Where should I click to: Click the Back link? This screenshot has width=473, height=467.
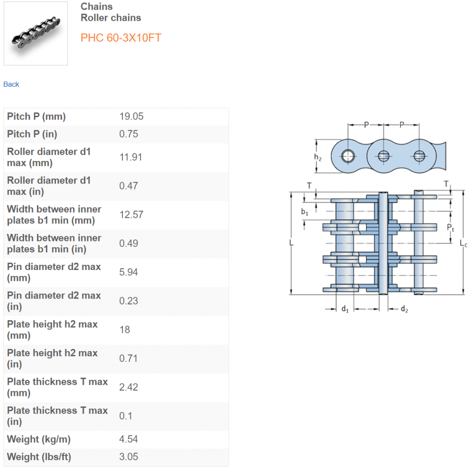(x=11, y=84)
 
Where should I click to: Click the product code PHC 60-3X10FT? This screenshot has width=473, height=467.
(x=121, y=38)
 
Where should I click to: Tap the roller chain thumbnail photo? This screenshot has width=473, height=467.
(x=36, y=33)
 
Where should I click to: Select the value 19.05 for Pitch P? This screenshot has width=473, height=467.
(x=131, y=116)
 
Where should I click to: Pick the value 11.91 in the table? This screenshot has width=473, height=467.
(x=131, y=157)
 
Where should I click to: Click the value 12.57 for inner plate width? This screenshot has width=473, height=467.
(x=131, y=215)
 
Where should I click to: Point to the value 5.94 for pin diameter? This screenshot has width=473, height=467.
(x=129, y=272)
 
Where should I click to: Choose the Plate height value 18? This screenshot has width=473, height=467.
(x=125, y=329)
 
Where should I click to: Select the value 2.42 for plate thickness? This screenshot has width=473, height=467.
(x=129, y=387)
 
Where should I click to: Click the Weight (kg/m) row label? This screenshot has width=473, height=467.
(x=39, y=439)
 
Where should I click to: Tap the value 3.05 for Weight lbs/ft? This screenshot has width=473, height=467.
(x=128, y=457)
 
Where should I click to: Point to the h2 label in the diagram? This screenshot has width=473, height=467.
(x=318, y=157)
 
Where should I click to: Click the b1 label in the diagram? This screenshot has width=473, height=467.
(x=304, y=212)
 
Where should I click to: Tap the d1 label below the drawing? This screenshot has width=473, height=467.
(x=345, y=309)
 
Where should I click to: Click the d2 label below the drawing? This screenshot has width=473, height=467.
(x=404, y=309)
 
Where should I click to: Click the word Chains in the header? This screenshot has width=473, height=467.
(x=97, y=6)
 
